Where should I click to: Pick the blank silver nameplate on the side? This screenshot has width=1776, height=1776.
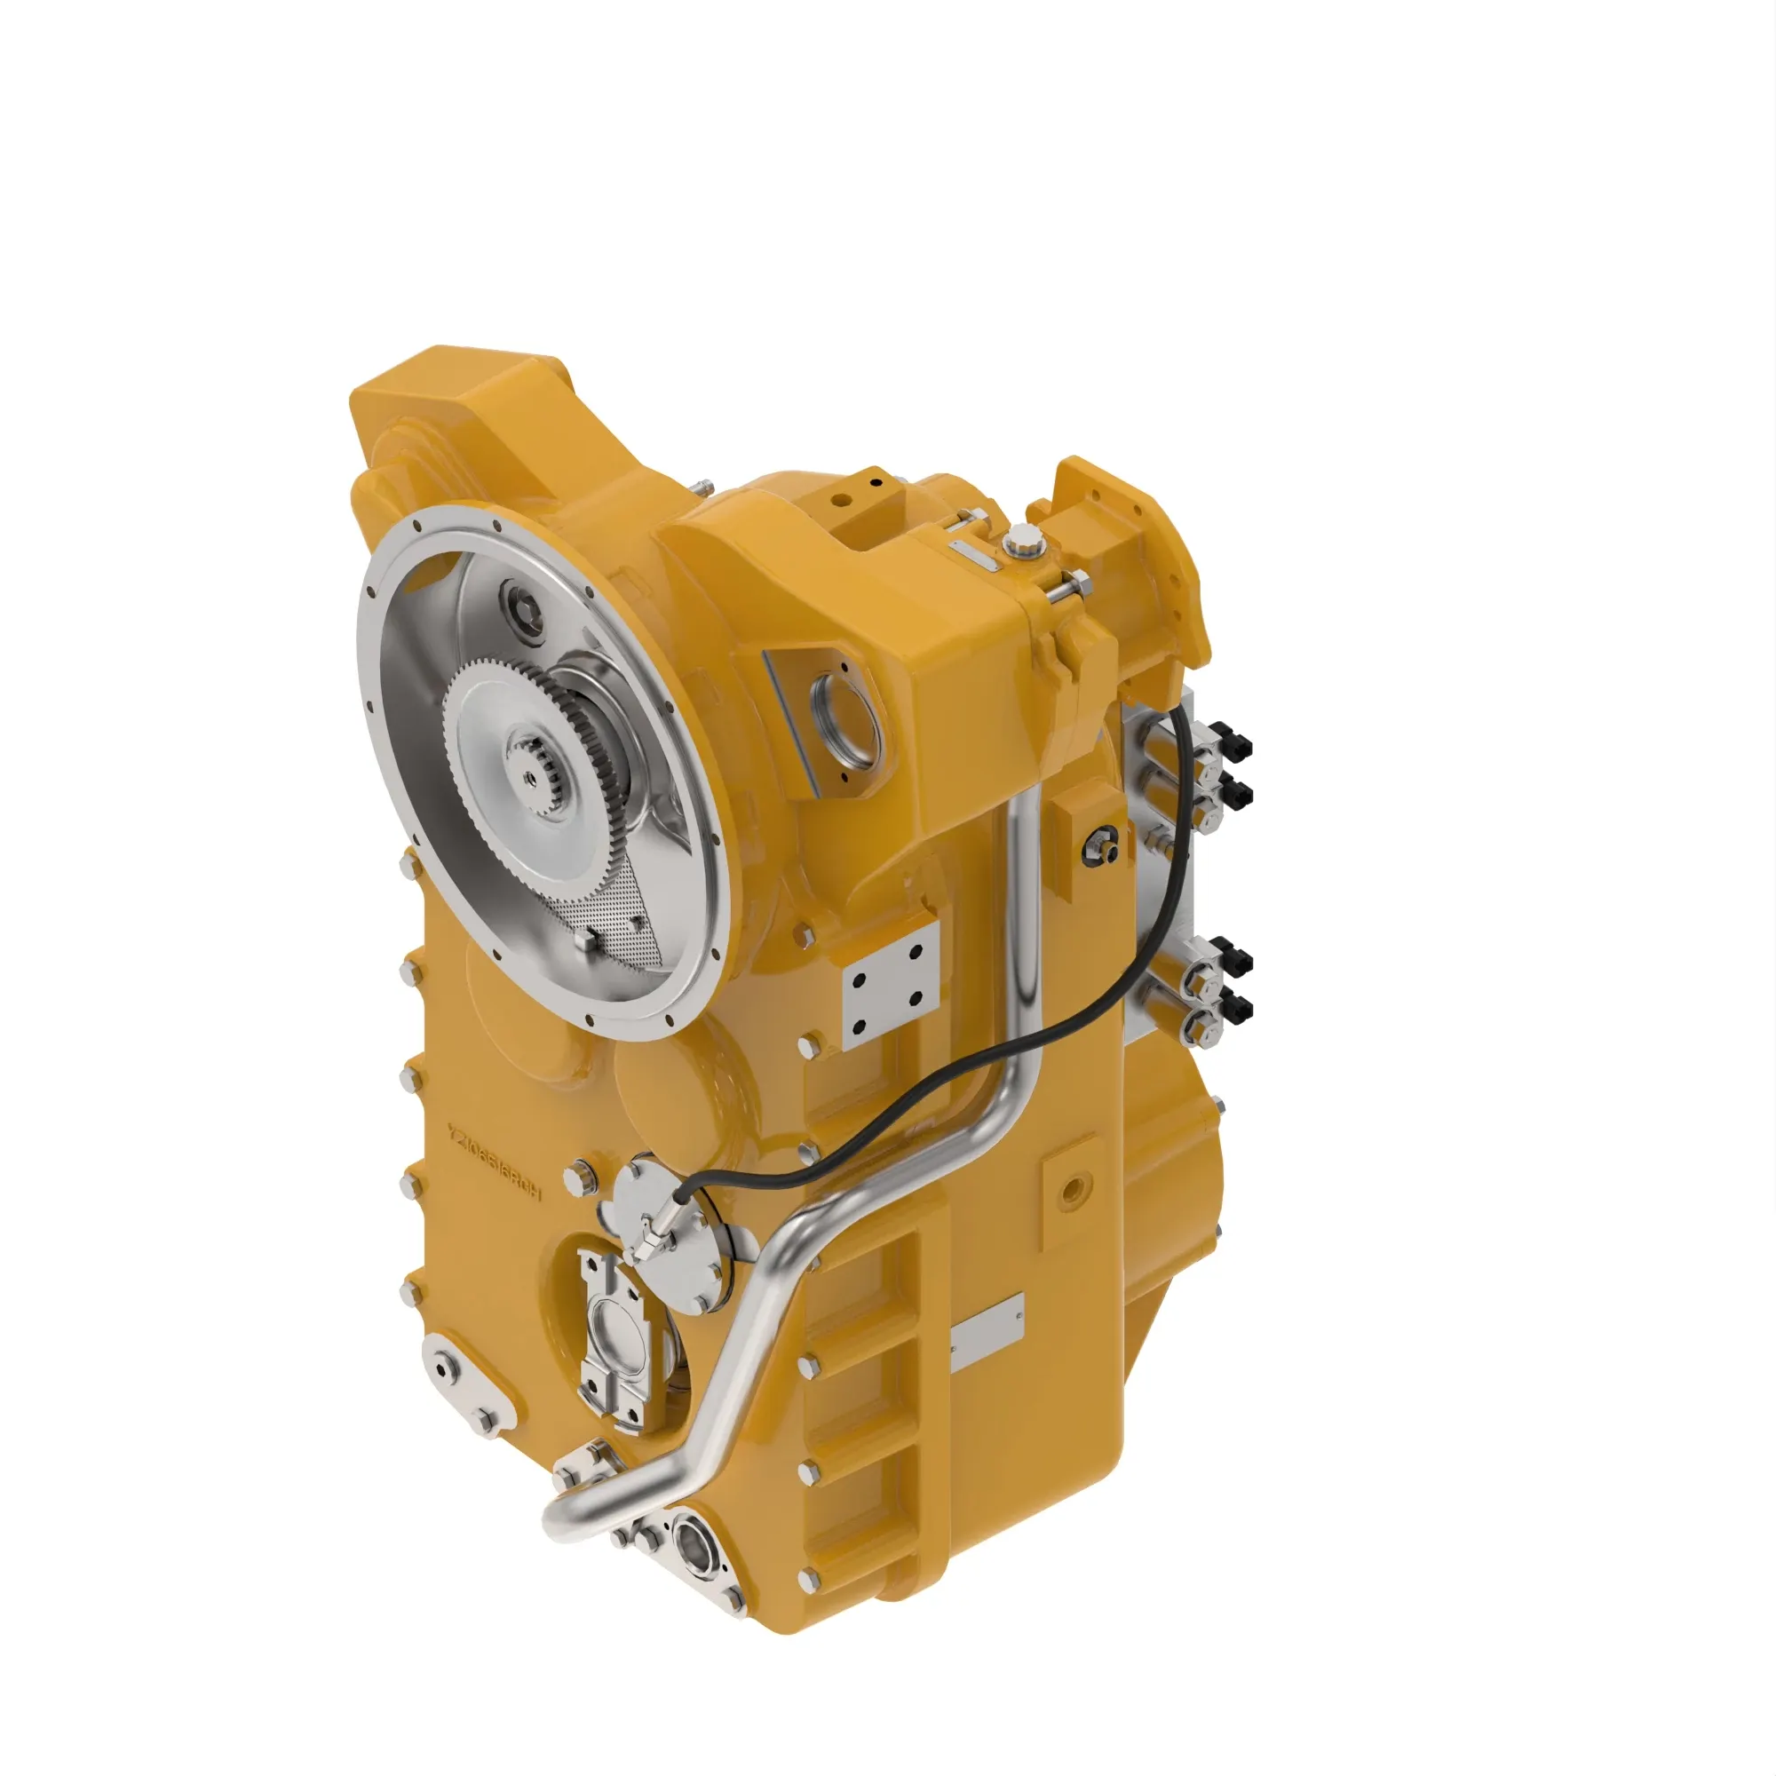987,1331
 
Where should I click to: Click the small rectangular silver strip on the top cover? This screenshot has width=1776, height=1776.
972,554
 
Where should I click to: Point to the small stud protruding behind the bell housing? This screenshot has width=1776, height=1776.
704,487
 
